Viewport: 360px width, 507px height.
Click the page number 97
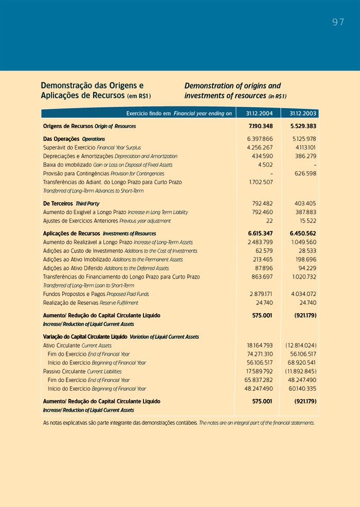338,22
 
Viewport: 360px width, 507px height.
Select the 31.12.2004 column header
259,113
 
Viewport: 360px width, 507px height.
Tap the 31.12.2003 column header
303,113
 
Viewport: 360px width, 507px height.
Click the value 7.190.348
261,126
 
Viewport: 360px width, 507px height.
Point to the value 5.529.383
303,126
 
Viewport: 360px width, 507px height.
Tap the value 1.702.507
261,182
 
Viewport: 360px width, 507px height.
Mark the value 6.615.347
261,233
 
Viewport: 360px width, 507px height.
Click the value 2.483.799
260,242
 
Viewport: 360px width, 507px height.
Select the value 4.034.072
303,294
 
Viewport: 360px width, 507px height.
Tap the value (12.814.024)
301,346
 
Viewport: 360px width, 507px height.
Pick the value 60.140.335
303,389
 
